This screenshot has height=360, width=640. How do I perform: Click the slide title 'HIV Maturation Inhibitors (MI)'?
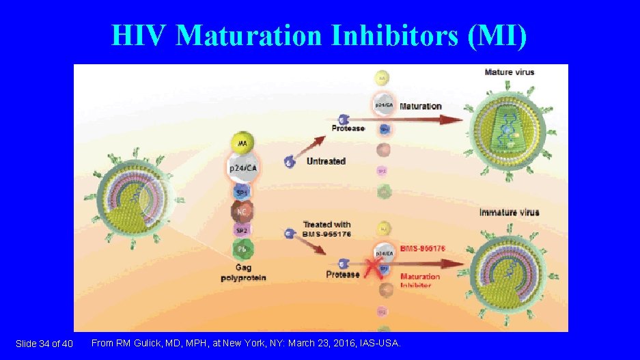point(319,36)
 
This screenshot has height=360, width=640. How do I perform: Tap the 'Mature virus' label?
point(509,72)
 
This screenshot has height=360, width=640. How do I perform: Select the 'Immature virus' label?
point(509,212)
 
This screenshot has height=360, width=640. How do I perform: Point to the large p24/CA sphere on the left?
point(242,167)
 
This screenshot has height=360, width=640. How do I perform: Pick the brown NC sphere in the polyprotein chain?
point(242,210)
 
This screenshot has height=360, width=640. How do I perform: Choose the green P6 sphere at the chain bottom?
point(242,249)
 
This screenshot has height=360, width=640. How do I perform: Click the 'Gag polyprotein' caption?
point(243,273)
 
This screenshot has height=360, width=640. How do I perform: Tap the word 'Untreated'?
point(326,161)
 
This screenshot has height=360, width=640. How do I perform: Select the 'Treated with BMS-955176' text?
point(326,229)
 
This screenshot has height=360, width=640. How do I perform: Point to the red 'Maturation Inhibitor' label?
point(419,280)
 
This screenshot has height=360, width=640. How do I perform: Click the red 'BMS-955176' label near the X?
point(422,249)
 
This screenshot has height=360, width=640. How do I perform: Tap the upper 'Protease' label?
point(348,128)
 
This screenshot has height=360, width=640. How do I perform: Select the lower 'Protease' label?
point(342,274)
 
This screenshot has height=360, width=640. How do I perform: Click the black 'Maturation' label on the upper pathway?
point(420,106)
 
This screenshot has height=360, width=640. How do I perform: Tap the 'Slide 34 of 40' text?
point(44,343)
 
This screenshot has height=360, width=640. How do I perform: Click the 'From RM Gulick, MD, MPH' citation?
point(246,342)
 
